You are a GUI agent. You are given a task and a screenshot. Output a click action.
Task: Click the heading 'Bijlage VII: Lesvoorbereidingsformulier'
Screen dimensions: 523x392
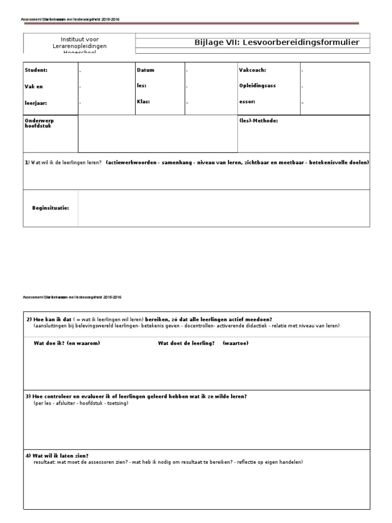(x=281, y=42)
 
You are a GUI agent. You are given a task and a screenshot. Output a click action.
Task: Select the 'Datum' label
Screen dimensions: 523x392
(x=145, y=70)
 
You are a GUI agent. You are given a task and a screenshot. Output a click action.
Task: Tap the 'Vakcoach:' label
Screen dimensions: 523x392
(x=252, y=70)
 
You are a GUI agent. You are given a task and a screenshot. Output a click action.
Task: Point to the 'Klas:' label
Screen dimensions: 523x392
(x=143, y=101)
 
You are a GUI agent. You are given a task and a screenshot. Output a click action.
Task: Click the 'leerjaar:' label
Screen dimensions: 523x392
(x=36, y=103)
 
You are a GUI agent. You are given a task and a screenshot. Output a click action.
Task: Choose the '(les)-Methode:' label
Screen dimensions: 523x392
(x=258, y=121)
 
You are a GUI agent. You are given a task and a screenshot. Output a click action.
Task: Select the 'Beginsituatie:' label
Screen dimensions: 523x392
(x=50, y=208)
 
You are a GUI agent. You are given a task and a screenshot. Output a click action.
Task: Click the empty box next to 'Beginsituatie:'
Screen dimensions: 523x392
(x=224, y=208)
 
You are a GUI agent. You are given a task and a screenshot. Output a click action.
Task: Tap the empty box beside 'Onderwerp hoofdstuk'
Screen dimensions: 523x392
(x=158, y=134)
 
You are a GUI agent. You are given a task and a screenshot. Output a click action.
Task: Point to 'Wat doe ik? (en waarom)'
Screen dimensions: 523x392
(x=66, y=343)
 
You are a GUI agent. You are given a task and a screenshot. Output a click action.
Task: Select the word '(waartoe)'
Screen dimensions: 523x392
(x=235, y=343)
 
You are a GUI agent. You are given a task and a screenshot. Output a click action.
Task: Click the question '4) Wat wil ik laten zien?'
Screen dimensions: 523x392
(x=61, y=455)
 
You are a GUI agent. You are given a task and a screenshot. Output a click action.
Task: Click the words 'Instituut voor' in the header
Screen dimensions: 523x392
(x=80, y=39)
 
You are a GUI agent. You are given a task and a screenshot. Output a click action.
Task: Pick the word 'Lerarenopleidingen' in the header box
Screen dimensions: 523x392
(x=80, y=46)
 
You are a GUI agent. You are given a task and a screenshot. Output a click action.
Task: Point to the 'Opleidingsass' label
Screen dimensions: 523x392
(x=257, y=85)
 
